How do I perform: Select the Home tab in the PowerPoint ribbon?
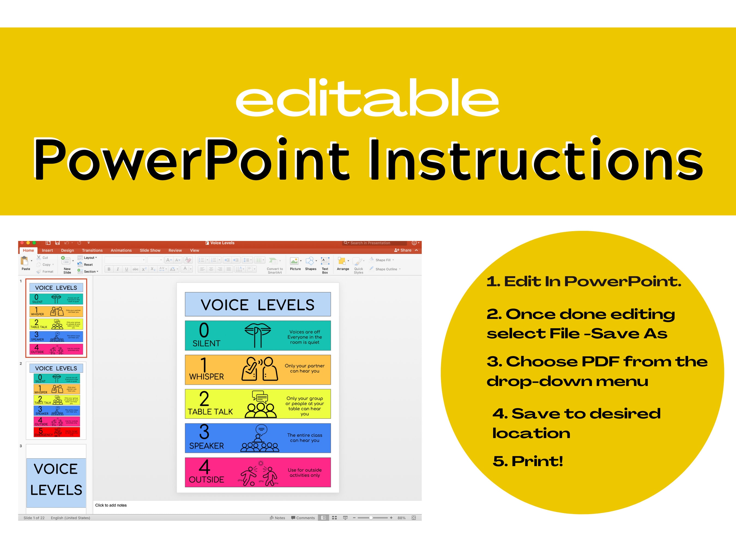(x=28, y=250)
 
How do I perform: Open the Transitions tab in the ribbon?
(x=92, y=250)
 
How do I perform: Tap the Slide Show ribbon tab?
(x=150, y=250)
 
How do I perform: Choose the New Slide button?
(x=67, y=264)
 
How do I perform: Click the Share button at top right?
(x=403, y=250)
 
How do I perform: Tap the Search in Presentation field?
(x=374, y=243)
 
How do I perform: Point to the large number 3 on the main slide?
(x=204, y=432)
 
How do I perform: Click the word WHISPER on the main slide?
(x=206, y=377)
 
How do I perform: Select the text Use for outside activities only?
(x=304, y=472)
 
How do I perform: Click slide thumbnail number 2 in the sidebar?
(x=56, y=401)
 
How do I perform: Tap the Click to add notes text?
(x=111, y=505)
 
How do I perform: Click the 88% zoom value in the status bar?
(x=401, y=518)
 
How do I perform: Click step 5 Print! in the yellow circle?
(x=528, y=461)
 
